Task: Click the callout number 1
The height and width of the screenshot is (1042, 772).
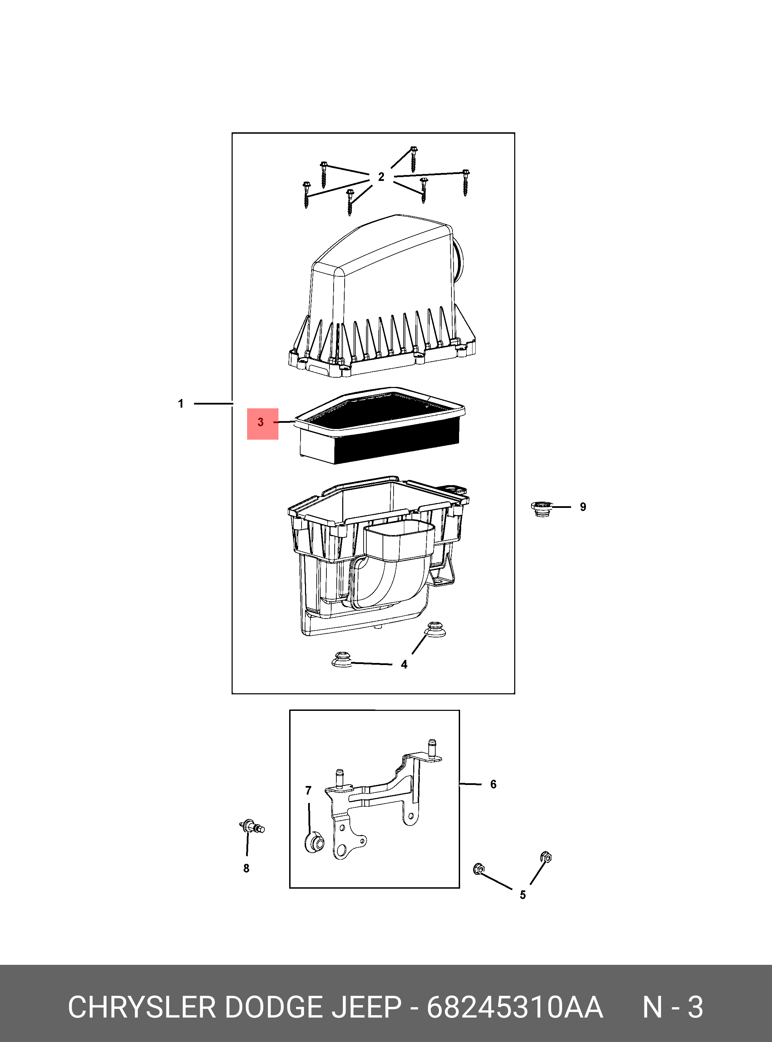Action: point(181,404)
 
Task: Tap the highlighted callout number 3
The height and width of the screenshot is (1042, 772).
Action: point(261,422)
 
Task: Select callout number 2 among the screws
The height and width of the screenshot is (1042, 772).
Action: point(381,177)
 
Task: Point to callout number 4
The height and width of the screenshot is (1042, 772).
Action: point(404,664)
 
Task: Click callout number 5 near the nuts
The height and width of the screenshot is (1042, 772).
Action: point(523,895)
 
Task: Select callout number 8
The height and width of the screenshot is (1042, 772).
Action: point(246,868)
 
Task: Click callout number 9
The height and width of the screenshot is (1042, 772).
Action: point(583,507)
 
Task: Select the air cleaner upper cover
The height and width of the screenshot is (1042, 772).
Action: point(382,296)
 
